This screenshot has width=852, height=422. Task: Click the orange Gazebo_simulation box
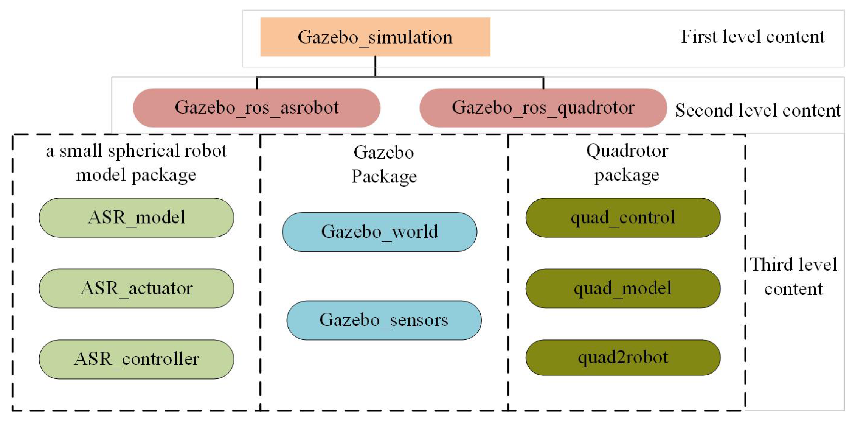pyautogui.click(x=375, y=37)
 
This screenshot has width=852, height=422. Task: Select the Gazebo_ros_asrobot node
pyautogui.click(x=256, y=108)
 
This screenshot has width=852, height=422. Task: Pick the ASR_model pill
pyautogui.click(x=136, y=218)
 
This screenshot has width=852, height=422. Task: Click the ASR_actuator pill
pyautogui.click(x=136, y=288)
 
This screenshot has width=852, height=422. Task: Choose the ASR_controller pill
pyautogui.click(x=136, y=359)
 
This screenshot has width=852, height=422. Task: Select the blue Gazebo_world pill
pyautogui.click(x=379, y=232)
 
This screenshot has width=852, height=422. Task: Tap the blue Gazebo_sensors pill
pyautogui.click(x=384, y=320)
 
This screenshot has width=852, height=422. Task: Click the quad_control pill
pyautogui.click(x=622, y=218)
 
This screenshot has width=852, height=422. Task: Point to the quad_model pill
pyautogui.click(x=622, y=288)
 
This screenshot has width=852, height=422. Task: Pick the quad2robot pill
pyautogui.click(x=622, y=358)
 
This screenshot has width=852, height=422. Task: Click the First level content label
pyautogui.click(x=752, y=37)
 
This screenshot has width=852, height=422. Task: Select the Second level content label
pyautogui.click(x=757, y=111)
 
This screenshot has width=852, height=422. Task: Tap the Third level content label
pyautogui.click(x=793, y=276)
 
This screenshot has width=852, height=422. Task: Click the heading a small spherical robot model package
pyautogui.click(x=136, y=163)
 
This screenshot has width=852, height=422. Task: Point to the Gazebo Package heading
pyautogui.click(x=383, y=164)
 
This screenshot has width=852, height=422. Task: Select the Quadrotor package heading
pyautogui.click(x=627, y=163)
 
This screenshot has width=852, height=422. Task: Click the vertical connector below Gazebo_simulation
pyautogui.click(x=375, y=67)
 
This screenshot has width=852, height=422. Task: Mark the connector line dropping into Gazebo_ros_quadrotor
pyautogui.click(x=543, y=83)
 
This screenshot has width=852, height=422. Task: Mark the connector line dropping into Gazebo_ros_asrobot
pyautogui.click(x=257, y=83)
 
